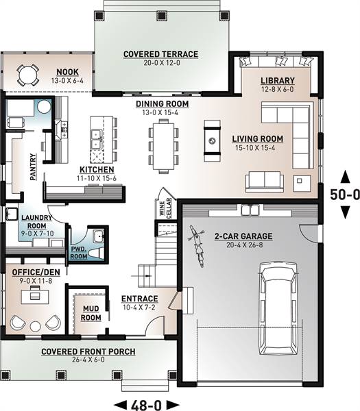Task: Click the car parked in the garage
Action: (x=278, y=309)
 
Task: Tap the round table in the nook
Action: (x=27, y=75)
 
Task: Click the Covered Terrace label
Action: (x=160, y=54)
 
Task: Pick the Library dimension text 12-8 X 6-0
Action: (x=277, y=89)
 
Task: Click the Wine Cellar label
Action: (x=165, y=208)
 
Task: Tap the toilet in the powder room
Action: (x=97, y=253)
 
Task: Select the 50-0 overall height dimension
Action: (x=344, y=195)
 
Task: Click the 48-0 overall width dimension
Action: (x=147, y=405)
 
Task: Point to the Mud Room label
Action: (x=91, y=313)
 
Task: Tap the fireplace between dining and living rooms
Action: (x=212, y=140)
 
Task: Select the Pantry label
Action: (x=33, y=167)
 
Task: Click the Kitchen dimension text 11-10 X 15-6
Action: (x=97, y=178)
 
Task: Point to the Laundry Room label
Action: (x=36, y=222)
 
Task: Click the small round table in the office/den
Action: (x=35, y=326)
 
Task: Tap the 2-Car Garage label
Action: (x=243, y=236)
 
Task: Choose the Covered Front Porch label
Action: (x=88, y=351)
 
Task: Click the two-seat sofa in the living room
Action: (x=265, y=182)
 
